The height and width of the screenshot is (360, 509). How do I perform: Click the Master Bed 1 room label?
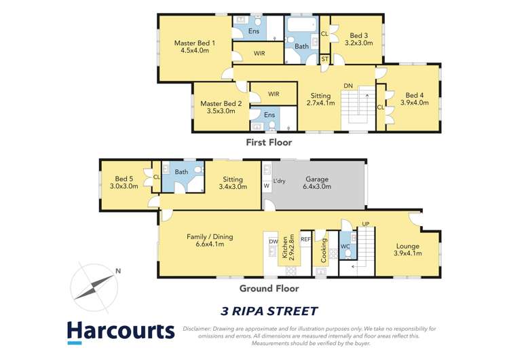(x=194, y=43)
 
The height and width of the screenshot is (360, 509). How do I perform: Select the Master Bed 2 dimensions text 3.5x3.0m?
(x=218, y=111)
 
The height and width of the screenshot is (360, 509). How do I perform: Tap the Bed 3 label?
(x=359, y=35)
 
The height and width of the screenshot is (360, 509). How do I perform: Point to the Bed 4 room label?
(x=414, y=95)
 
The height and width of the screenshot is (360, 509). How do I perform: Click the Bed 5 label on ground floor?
(x=124, y=178)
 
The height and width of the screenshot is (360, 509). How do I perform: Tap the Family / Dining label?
(x=210, y=237)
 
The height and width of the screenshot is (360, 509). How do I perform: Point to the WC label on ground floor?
(x=345, y=246)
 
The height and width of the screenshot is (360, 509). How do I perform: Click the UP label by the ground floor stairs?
(x=366, y=224)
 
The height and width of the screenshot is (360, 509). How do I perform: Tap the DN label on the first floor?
(x=348, y=86)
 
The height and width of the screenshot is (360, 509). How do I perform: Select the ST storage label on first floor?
(x=325, y=60)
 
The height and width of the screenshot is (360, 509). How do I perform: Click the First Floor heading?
(x=269, y=143)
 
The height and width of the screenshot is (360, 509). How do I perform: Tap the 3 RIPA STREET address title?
(x=269, y=311)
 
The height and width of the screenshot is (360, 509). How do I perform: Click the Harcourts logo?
(x=121, y=331)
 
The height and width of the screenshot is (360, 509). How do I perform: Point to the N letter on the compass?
(x=118, y=272)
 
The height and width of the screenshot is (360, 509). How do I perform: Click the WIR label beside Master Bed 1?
(x=259, y=53)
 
